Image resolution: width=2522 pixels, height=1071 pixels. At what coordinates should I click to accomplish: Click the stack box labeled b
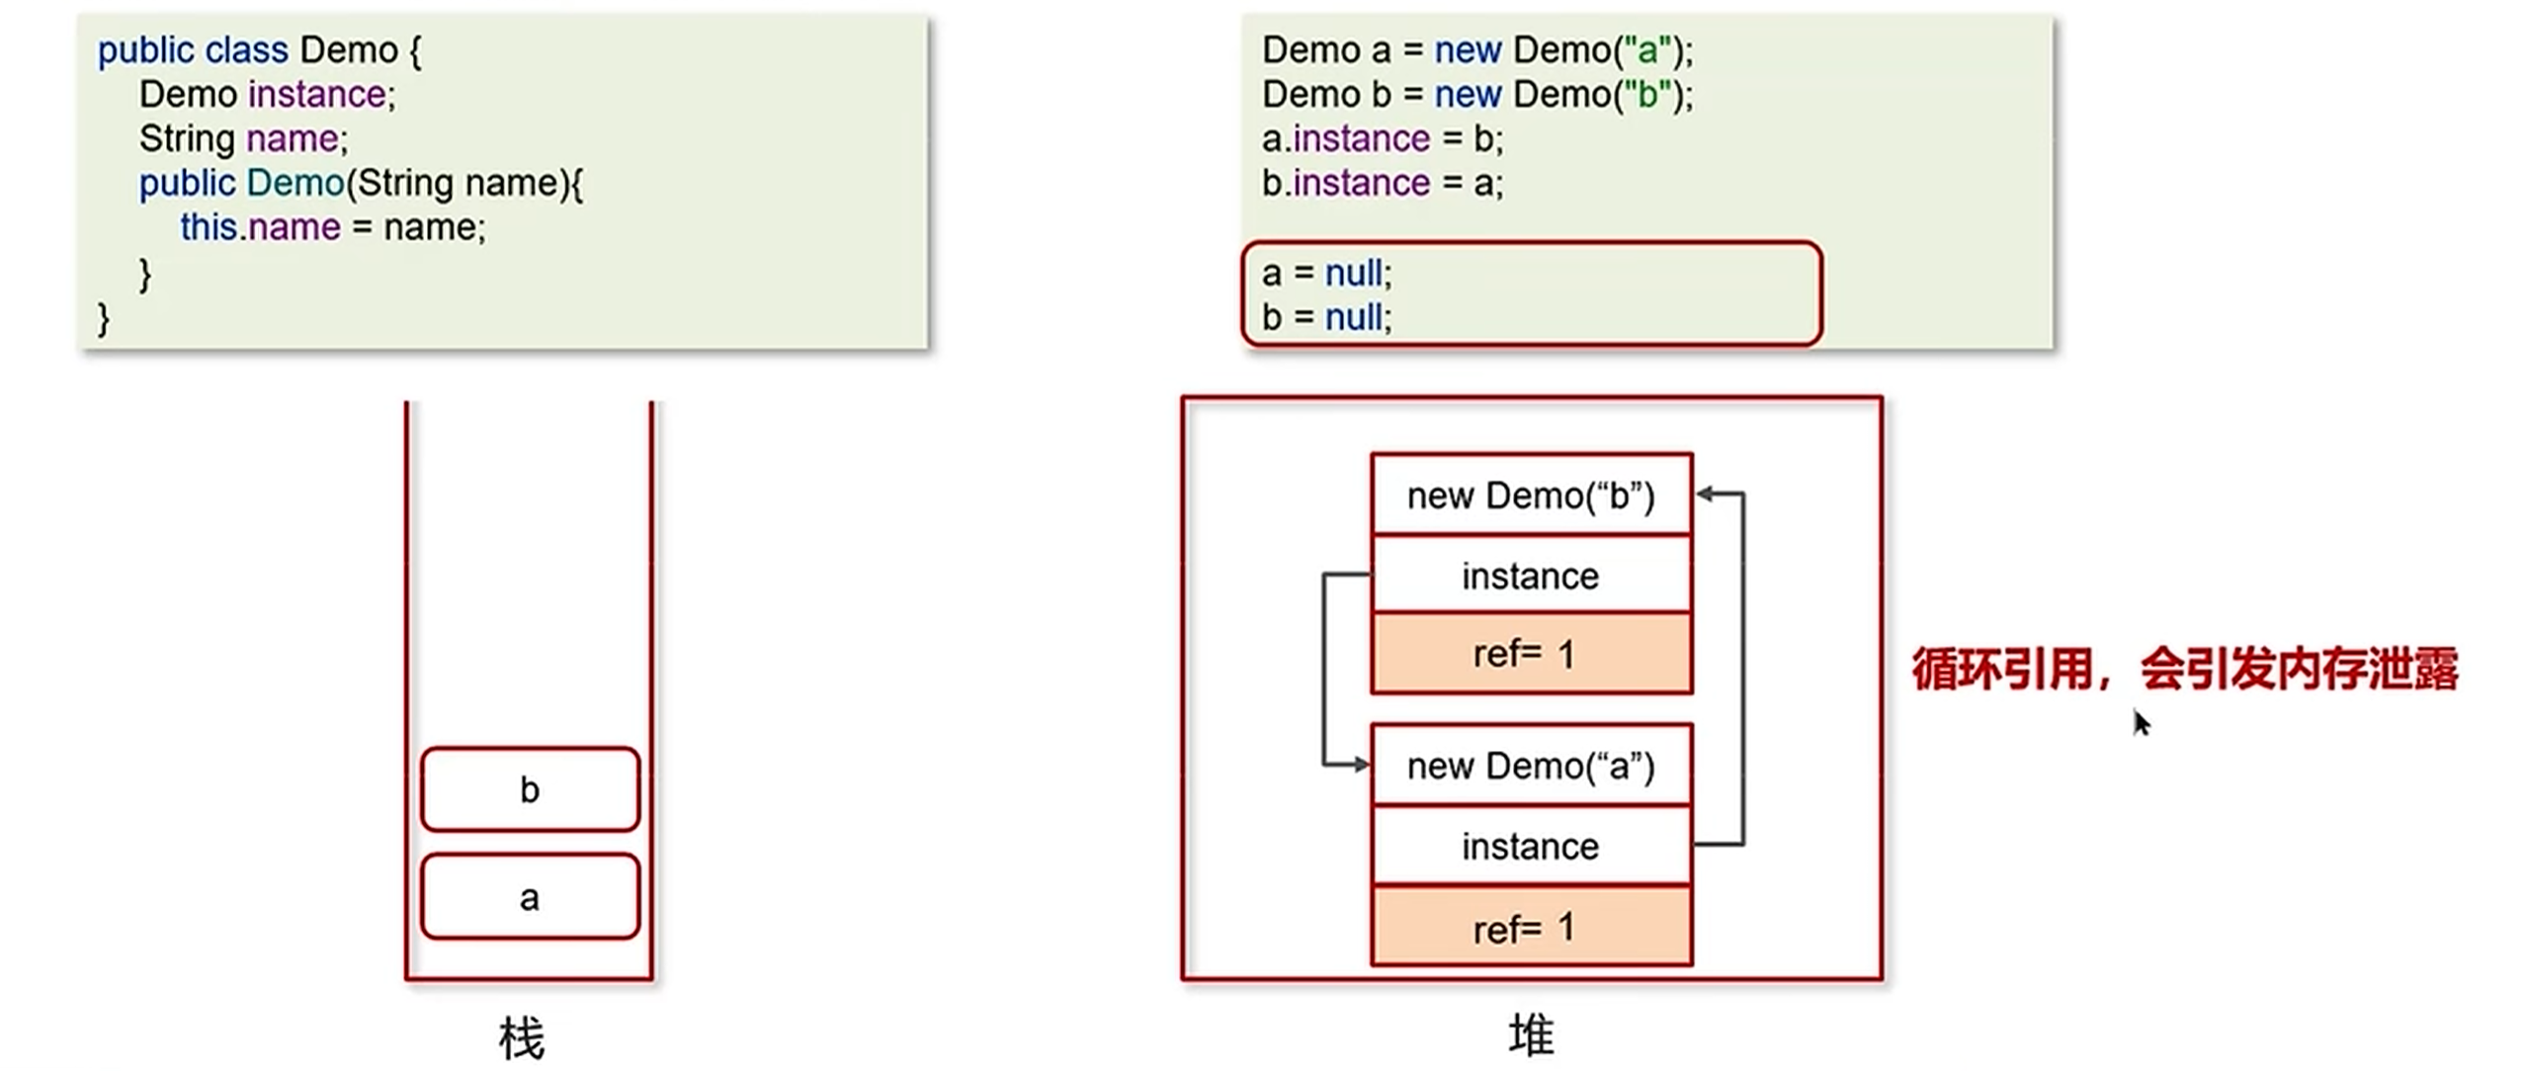pyautogui.click(x=530, y=789)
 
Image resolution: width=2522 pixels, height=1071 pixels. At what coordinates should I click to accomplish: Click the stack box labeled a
pyautogui.click(x=530, y=897)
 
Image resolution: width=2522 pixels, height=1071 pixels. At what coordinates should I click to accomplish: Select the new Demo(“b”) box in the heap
pyautogui.click(x=1531, y=495)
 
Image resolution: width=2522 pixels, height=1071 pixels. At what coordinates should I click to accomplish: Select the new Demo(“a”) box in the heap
pyautogui.click(x=1531, y=766)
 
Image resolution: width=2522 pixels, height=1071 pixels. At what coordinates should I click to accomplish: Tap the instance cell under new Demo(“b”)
pyautogui.click(x=1531, y=575)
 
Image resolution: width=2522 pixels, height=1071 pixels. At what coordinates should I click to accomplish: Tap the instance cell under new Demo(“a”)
pyautogui.click(x=1531, y=846)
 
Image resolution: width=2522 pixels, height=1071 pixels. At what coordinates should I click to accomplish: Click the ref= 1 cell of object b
pyautogui.click(x=1531, y=653)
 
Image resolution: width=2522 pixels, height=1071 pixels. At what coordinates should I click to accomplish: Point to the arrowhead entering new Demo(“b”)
pyautogui.click(x=1705, y=493)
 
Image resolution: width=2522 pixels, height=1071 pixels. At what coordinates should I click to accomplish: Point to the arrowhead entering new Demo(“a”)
pyautogui.click(x=1361, y=764)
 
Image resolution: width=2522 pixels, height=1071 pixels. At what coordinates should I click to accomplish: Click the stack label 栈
pyautogui.click(x=522, y=1038)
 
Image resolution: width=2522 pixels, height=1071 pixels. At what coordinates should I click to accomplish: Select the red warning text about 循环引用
pyautogui.click(x=2184, y=670)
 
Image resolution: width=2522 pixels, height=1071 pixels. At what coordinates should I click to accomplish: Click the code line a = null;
pyautogui.click(x=1326, y=273)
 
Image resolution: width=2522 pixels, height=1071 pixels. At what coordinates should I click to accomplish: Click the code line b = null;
pyautogui.click(x=1326, y=317)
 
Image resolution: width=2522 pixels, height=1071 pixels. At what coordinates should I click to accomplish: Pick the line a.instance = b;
pyautogui.click(x=1382, y=138)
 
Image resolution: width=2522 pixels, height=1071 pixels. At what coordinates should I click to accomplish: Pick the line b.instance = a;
pyautogui.click(x=1382, y=183)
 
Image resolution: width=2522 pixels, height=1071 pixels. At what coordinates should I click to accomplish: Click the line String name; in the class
pyautogui.click(x=243, y=138)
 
